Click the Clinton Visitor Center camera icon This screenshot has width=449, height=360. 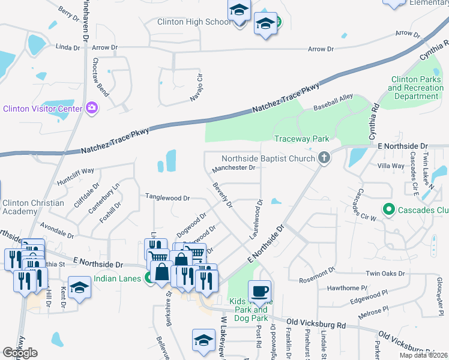point(91,108)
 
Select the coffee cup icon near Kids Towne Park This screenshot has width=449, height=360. point(259,292)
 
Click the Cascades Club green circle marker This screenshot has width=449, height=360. point(388,209)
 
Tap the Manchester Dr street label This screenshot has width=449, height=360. point(234,168)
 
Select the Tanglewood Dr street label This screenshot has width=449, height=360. point(167,197)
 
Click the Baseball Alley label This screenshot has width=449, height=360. point(334,107)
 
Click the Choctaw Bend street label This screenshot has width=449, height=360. point(100,78)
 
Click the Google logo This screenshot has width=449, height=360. point(20,353)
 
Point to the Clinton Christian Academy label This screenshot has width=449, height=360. point(33,207)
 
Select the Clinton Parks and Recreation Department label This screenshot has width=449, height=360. point(416,88)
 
